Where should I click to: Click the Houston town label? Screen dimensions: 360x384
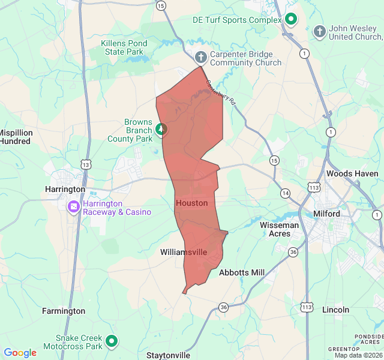pyautogui.click(x=192, y=203)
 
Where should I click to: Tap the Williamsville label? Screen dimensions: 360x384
pyautogui.click(x=184, y=253)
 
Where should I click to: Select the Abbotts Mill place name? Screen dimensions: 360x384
pyautogui.click(x=242, y=272)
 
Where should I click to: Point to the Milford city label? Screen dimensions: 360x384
pyautogui.click(x=326, y=214)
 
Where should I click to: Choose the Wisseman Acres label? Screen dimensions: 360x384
pyautogui.click(x=279, y=229)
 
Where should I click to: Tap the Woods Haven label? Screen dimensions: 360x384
pyautogui.click(x=352, y=174)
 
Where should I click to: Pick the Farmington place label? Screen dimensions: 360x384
pyautogui.click(x=64, y=311)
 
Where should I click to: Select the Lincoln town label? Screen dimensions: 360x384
pyautogui.click(x=335, y=310)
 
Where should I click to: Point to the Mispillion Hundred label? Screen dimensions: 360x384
pyautogui.click(x=15, y=137)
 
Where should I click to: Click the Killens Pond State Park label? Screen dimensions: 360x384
pyautogui.click(x=124, y=48)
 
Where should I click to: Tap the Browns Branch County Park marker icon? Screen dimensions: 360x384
pyautogui.click(x=161, y=129)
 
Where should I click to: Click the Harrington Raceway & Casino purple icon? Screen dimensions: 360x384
pyautogui.click(x=74, y=207)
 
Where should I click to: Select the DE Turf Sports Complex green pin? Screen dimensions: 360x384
pyautogui.click(x=291, y=19)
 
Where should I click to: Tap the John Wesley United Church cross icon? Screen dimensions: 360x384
pyautogui.click(x=320, y=31)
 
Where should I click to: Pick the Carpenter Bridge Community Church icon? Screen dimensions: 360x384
pyautogui.click(x=202, y=58)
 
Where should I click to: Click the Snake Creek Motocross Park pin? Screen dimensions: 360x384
pyautogui.click(x=112, y=342)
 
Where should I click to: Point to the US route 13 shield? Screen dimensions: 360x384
pyautogui.click(x=86, y=164)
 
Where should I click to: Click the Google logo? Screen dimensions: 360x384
pyautogui.click(x=20, y=353)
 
